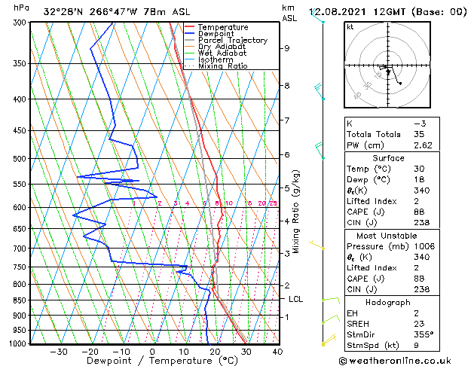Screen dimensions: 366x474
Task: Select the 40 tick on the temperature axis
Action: click(277, 351)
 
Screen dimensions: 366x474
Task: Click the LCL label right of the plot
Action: click(296, 299)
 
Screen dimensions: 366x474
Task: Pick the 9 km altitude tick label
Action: click(287, 48)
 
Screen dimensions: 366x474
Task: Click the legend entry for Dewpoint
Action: click(216, 34)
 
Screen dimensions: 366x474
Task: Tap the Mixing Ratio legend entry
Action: click(222, 66)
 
